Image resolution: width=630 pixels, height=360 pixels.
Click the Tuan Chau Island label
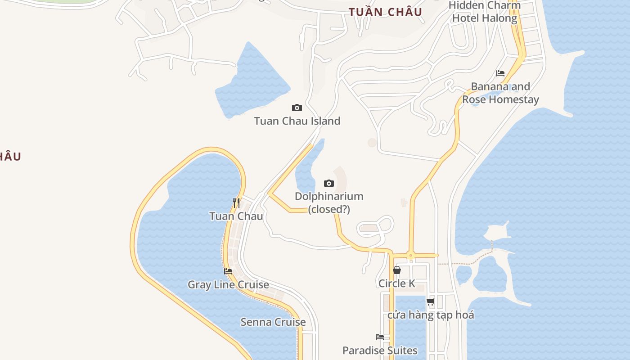click(297, 121)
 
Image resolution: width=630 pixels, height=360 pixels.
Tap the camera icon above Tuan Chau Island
click(297, 108)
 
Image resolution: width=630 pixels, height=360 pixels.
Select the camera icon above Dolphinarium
click(329, 183)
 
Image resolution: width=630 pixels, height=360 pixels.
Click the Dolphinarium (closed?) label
click(329, 202)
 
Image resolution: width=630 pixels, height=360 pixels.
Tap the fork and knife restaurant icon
click(236, 202)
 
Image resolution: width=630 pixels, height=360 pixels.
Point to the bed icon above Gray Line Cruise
click(228, 271)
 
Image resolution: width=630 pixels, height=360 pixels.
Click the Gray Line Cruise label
click(228, 284)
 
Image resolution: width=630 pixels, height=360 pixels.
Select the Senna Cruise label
click(273, 322)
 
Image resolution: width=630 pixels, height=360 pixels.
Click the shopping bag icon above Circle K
click(397, 270)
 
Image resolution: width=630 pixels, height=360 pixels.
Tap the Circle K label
click(397, 283)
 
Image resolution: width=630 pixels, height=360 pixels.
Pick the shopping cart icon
click(431, 301)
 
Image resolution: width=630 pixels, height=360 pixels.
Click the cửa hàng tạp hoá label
click(431, 315)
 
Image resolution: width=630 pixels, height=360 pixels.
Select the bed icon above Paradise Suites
click(380, 337)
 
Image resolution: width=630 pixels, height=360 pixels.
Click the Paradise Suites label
click(380, 351)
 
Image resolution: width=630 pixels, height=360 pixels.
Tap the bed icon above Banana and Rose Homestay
click(500, 73)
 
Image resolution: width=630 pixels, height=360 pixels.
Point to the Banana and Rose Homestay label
click(500, 93)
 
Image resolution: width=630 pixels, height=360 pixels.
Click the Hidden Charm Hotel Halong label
click(485, 12)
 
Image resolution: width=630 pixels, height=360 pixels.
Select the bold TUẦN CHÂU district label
click(386, 12)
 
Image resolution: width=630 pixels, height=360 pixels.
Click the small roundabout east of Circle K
click(410, 256)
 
